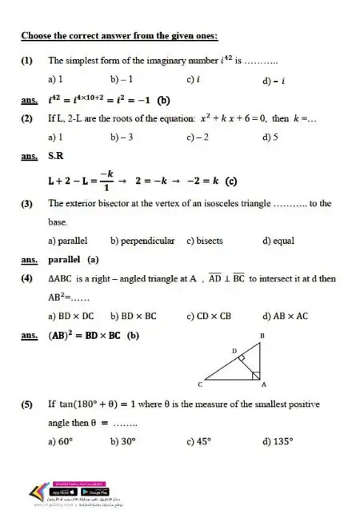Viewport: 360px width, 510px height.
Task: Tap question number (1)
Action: [x=27, y=60]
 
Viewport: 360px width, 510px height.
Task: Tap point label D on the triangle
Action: [x=234, y=350]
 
